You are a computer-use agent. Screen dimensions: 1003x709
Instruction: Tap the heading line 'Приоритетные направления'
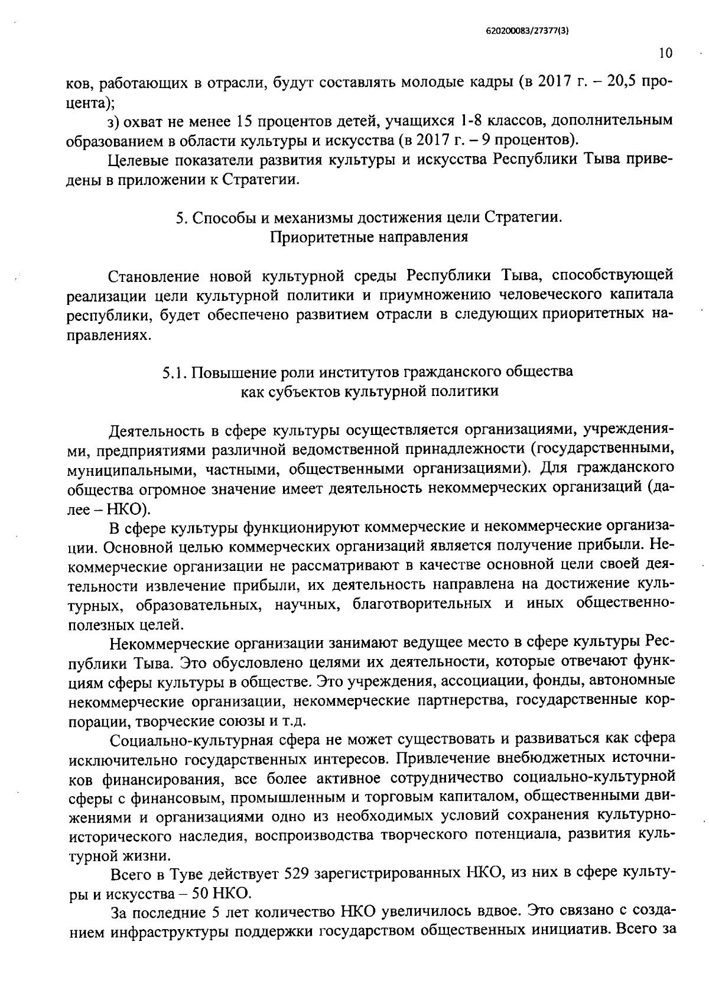pos(369,237)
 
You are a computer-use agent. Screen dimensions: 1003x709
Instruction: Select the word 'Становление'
pos(155,275)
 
